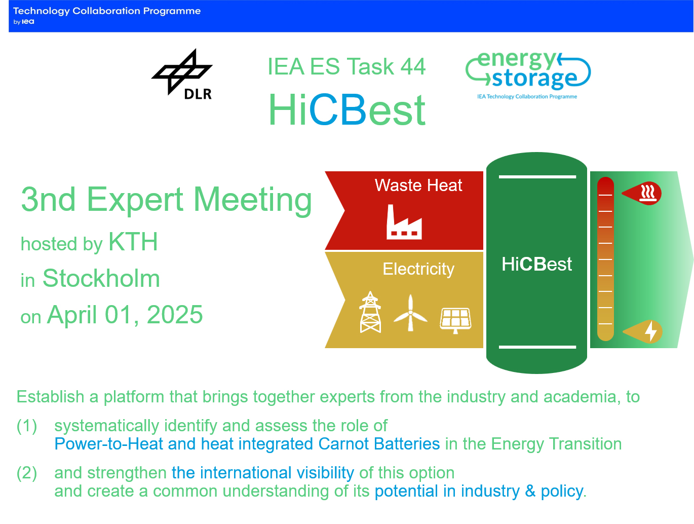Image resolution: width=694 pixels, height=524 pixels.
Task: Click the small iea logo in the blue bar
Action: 28,21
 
